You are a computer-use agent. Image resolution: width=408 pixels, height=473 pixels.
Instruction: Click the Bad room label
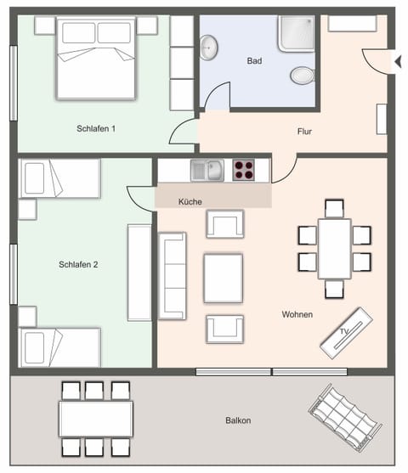click(x=254, y=61)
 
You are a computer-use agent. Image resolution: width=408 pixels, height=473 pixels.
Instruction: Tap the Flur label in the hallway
click(x=304, y=132)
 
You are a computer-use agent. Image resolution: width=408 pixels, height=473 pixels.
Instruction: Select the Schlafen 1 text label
click(x=96, y=128)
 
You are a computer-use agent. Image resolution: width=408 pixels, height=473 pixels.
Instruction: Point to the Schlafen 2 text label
click(x=78, y=265)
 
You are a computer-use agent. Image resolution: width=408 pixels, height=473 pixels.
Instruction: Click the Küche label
click(x=190, y=201)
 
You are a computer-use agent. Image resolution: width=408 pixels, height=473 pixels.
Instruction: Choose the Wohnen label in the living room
click(x=297, y=314)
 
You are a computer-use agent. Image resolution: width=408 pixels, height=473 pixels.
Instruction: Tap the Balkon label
click(x=238, y=420)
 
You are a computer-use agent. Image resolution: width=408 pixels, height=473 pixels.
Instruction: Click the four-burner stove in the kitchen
click(x=245, y=170)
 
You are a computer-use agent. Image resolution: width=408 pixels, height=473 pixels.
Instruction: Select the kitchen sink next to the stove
click(x=207, y=170)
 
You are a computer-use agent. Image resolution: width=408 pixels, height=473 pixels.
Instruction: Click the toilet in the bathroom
click(x=303, y=76)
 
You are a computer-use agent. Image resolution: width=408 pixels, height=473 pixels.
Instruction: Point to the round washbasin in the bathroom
click(x=209, y=47)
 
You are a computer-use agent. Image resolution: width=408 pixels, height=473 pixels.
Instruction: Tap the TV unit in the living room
click(x=346, y=330)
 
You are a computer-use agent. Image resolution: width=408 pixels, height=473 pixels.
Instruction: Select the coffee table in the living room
click(x=223, y=278)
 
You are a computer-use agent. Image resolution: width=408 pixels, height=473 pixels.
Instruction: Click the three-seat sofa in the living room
click(x=173, y=276)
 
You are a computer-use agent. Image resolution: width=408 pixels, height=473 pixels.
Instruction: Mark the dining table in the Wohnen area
click(x=335, y=249)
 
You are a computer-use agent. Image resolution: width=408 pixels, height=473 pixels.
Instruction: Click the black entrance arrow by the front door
click(x=397, y=61)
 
